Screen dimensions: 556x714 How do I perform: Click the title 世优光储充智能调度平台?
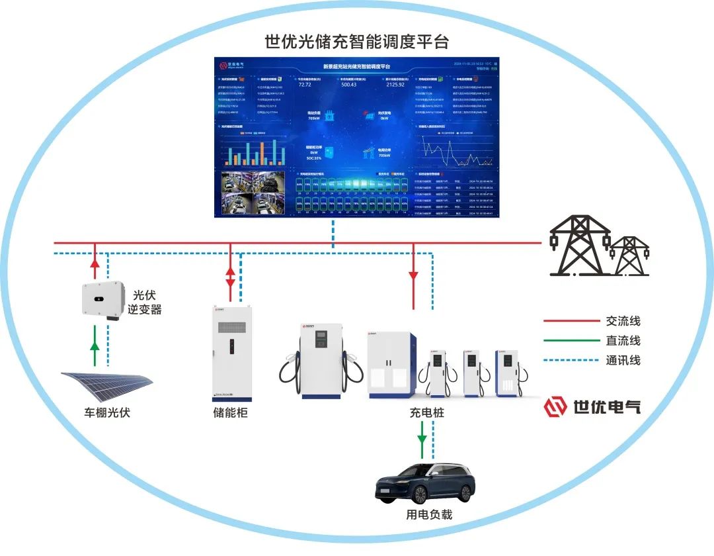356,42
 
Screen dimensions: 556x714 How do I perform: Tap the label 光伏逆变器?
147,302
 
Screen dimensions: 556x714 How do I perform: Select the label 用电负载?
428,514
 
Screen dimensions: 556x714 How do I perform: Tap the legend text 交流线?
623,322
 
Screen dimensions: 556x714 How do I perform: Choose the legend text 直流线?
623,341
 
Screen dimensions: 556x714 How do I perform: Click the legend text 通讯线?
623,360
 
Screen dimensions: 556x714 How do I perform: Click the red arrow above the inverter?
95,265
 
